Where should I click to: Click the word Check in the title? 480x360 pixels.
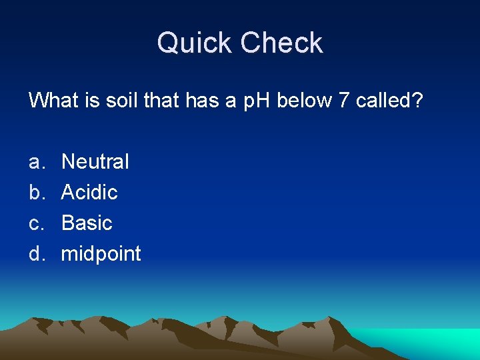click(x=281, y=44)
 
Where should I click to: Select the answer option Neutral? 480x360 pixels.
click(x=95, y=161)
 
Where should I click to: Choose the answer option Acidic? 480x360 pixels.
click(x=89, y=192)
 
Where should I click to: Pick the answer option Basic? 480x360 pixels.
click(x=87, y=223)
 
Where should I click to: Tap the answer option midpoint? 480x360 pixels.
click(x=101, y=254)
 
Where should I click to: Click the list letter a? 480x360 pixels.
click(x=35, y=162)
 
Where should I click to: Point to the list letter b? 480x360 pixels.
click(x=35, y=192)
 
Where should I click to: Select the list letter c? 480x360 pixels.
click(x=35, y=223)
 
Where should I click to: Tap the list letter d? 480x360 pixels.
click(x=35, y=254)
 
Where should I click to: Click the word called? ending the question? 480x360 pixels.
click(x=390, y=101)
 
